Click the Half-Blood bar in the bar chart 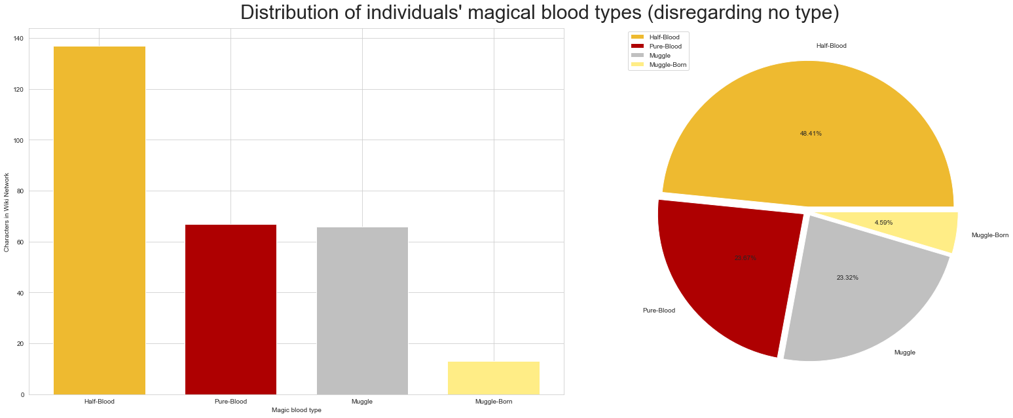click(100, 220)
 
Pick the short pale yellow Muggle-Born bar click(494, 378)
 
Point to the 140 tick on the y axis click(18, 39)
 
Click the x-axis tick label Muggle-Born click(494, 401)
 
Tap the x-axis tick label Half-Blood click(100, 401)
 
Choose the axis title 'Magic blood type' click(296, 410)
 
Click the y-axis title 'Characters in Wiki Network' click(7, 212)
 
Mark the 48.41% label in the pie click(810, 134)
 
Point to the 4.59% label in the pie click(883, 223)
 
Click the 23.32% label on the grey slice click(847, 278)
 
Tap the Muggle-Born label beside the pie click(989, 235)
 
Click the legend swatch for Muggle click(637, 56)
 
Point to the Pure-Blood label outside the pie click(659, 311)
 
